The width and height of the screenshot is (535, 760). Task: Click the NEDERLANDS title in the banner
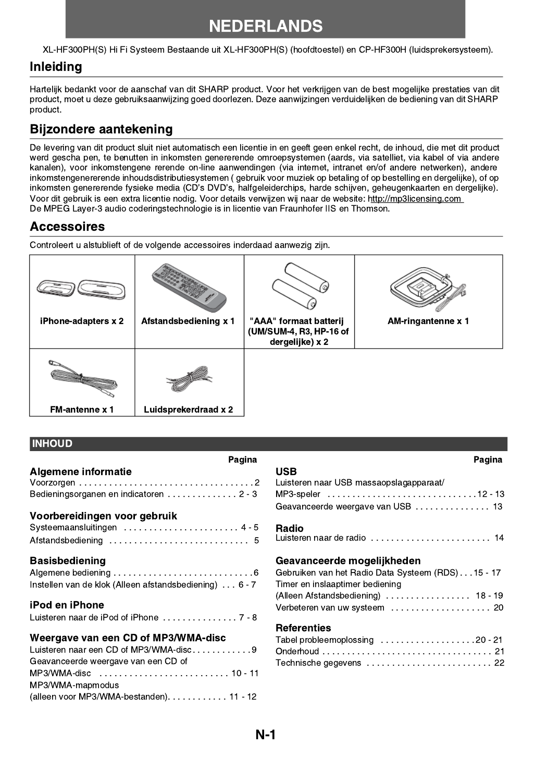(266, 26)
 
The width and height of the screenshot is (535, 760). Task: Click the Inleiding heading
(56, 67)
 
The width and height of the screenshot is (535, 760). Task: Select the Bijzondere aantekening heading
(101, 129)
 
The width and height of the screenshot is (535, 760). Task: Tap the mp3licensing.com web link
(415, 198)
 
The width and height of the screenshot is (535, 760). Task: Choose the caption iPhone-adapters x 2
(82, 321)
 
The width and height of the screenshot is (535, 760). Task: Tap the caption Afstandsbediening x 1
(188, 321)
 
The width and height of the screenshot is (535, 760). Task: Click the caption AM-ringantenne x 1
(428, 321)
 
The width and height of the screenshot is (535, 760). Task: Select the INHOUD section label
(52, 444)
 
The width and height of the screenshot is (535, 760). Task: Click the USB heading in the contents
(286, 471)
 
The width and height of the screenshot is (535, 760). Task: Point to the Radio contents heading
(289, 528)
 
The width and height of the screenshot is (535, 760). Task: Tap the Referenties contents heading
(303, 628)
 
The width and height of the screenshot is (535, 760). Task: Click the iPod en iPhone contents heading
(67, 605)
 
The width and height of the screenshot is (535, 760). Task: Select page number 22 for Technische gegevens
(499, 663)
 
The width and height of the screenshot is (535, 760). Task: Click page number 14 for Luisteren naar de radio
(499, 538)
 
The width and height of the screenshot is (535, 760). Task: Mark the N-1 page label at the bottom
(266, 734)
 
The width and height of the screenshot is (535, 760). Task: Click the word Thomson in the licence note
(370, 208)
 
